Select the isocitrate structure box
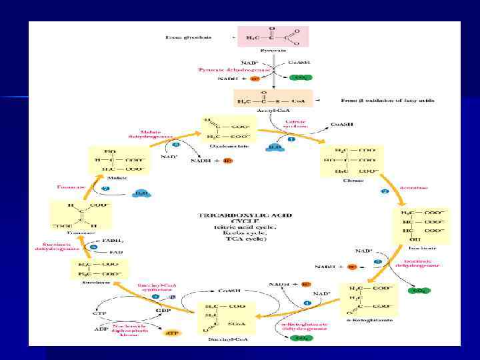421,224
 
